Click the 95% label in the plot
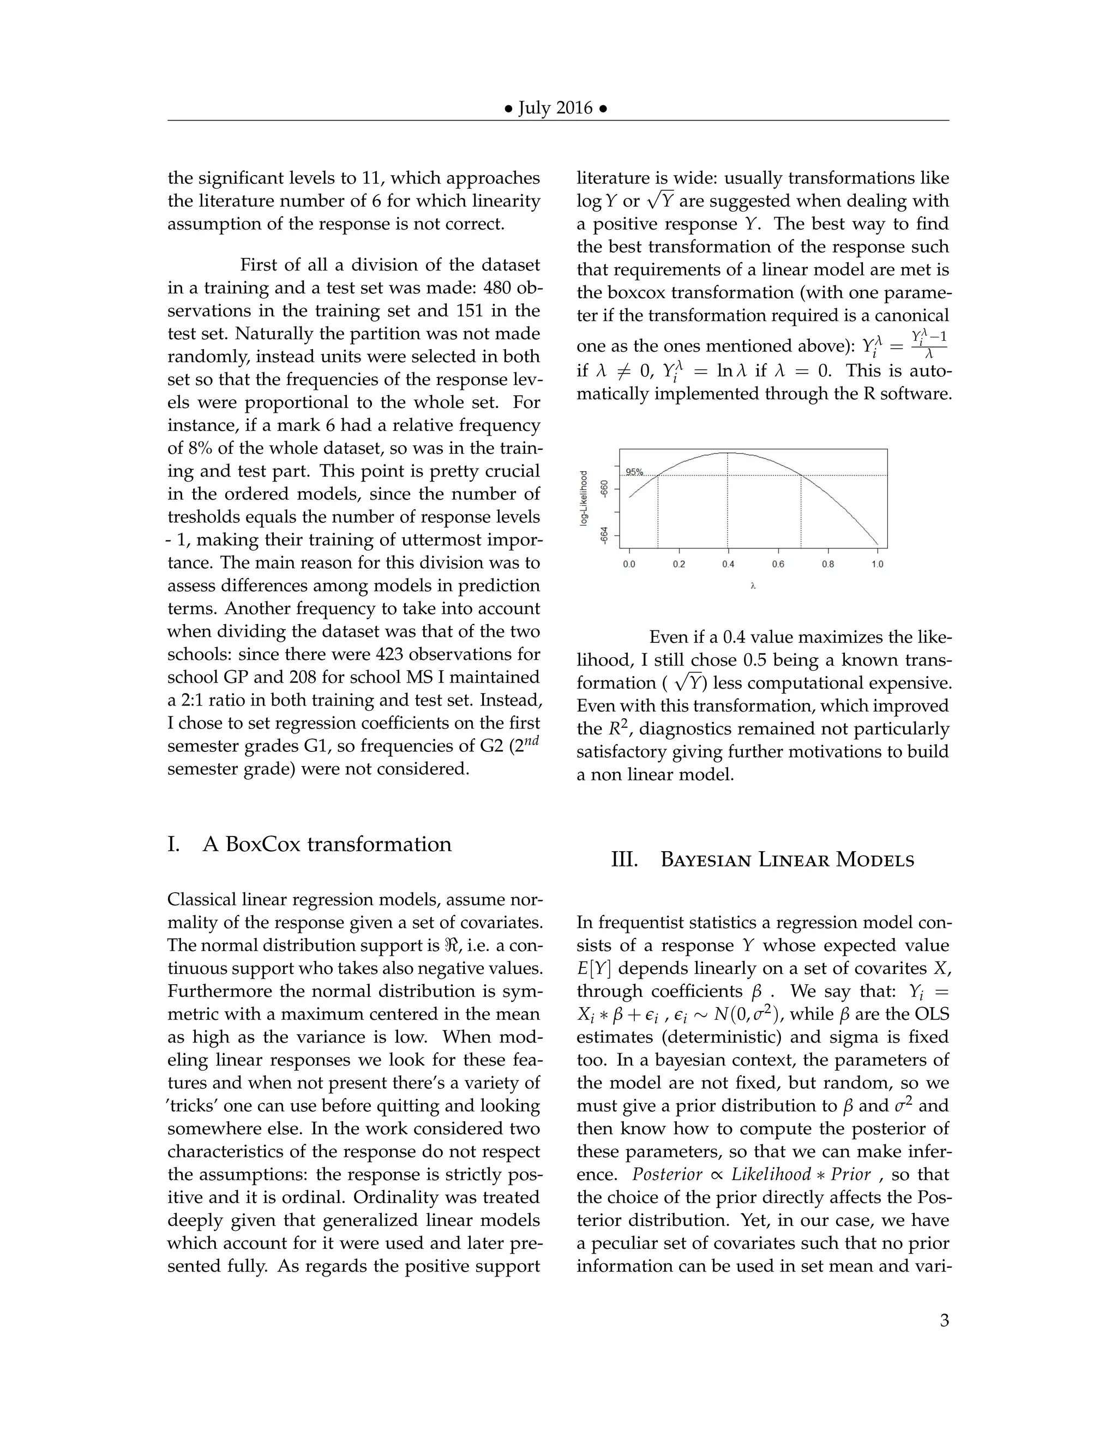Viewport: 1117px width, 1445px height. click(x=634, y=472)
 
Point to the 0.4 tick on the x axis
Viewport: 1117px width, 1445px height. click(x=728, y=564)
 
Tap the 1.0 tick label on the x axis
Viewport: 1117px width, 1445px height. click(x=877, y=564)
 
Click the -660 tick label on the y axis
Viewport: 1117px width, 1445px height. click(x=604, y=489)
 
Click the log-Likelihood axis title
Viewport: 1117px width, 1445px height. click(x=584, y=498)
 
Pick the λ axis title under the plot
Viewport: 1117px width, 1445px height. click(x=753, y=586)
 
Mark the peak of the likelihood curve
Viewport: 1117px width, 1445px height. click(x=728, y=453)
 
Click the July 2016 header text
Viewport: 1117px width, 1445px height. click(x=555, y=108)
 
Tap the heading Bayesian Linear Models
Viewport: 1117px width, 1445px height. click(x=787, y=860)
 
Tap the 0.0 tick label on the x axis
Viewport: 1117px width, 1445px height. click(x=629, y=564)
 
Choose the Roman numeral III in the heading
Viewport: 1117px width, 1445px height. click(x=624, y=860)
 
